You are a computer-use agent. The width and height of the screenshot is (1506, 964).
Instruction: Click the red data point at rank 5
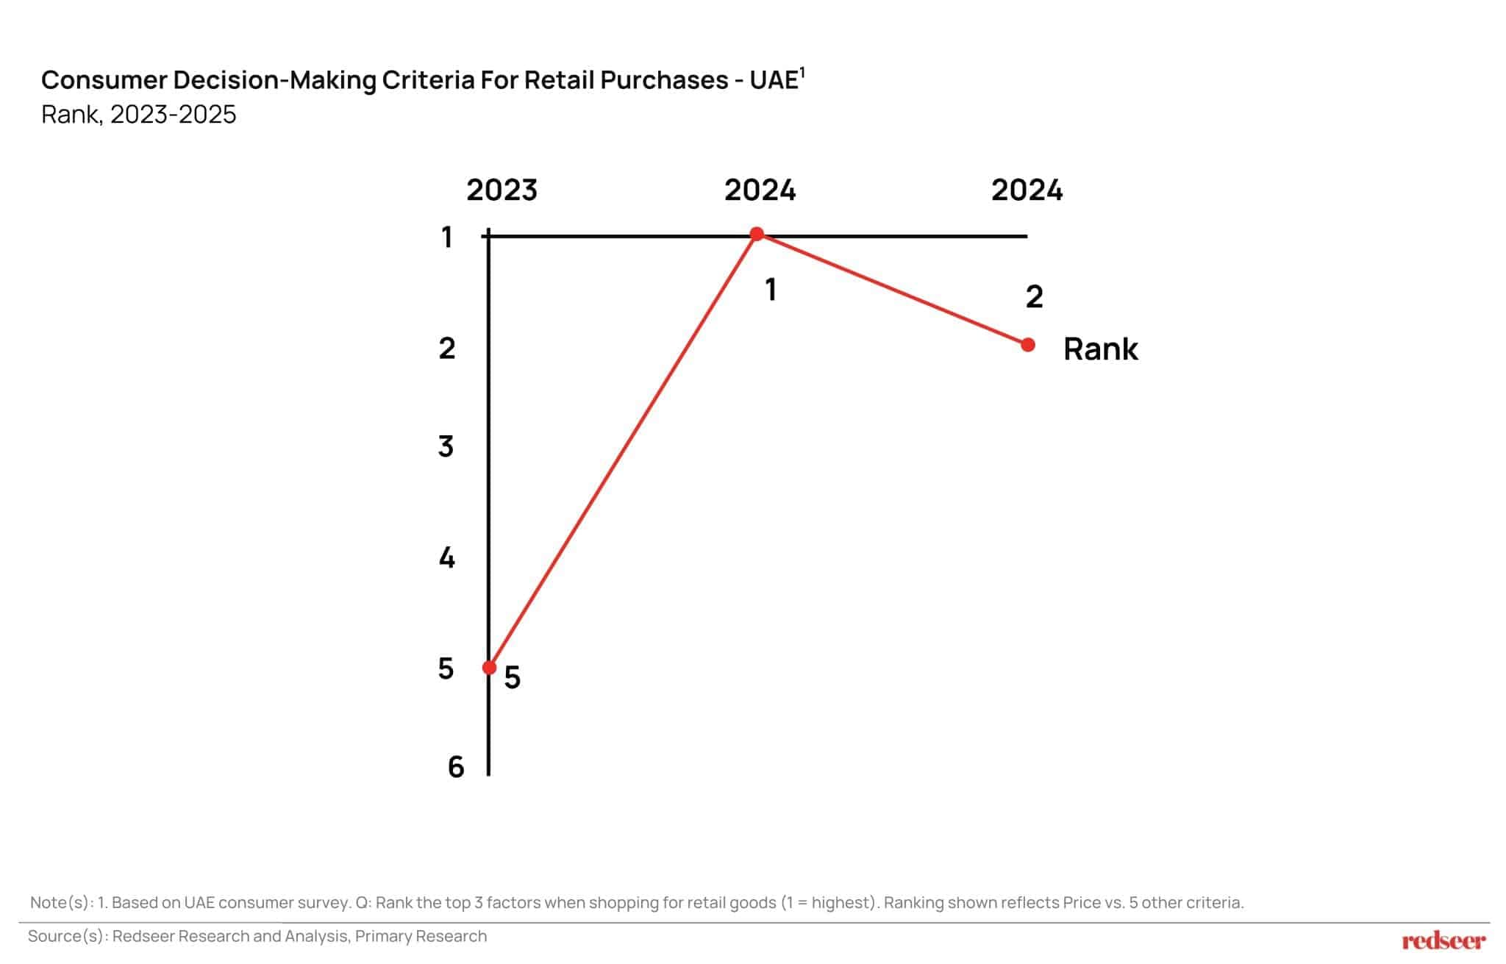(489, 667)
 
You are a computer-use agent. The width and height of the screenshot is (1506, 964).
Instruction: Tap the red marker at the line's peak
(757, 234)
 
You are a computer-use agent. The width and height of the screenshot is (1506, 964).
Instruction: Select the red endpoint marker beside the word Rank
(1028, 344)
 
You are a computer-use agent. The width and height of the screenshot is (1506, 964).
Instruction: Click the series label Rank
(1100, 349)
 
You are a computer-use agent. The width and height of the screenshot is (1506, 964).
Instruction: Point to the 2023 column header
(502, 190)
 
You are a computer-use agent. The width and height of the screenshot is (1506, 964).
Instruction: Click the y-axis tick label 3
(446, 446)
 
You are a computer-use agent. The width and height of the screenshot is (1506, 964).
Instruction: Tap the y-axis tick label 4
(446, 558)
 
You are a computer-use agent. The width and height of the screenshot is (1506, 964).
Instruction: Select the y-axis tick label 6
(456, 768)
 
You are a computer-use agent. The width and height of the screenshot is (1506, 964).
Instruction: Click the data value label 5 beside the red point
(513, 678)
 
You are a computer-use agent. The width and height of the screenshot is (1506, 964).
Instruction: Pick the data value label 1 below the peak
(771, 290)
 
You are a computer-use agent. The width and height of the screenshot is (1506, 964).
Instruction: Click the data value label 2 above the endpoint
(1034, 297)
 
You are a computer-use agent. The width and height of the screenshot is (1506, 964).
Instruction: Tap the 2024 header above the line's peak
(760, 190)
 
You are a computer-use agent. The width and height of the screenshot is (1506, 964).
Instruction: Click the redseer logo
(1443, 940)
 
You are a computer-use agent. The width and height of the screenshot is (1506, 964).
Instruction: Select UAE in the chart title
(774, 80)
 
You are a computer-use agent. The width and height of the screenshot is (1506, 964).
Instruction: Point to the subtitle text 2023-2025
(173, 115)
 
